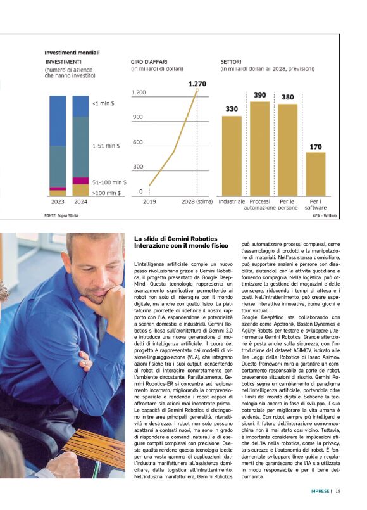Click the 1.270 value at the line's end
pyautogui.click(x=197, y=84)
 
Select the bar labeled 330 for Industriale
pyautogui.click(x=232, y=155)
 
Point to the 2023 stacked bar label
pyautogui.click(x=58, y=201)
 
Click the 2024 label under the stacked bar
pyautogui.click(x=80, y=201)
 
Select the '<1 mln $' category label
pyautogui.click(x=104, y=103)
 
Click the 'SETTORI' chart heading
pyautogui.click(x=231, y=61)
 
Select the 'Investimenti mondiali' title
pyautogui.click(x=72, y=52)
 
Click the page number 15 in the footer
pyautogui.click(x=338, y=490)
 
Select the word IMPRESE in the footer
pyautogui.click(x=320, y=490)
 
